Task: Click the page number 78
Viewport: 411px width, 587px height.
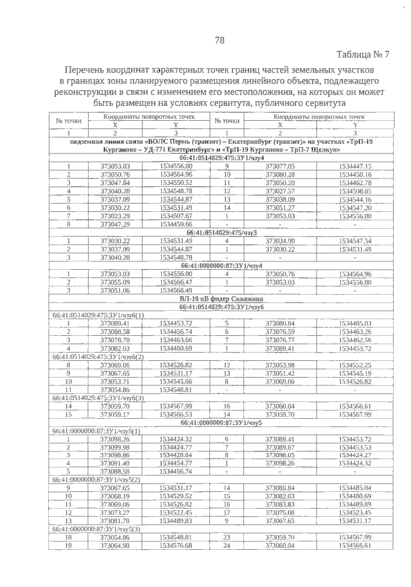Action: coord(219,40)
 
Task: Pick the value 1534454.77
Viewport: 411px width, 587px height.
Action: coord(176,464)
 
